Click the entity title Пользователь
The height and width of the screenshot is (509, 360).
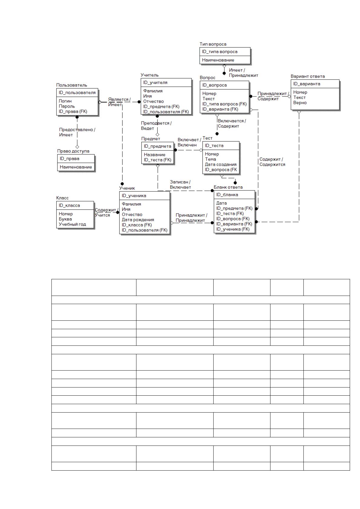click(x=72, y=85)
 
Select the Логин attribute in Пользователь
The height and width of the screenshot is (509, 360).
click(x=65, y=101)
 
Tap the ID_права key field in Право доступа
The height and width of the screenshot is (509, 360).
click(x=69, y=159)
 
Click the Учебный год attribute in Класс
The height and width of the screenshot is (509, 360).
click(x=72, y=224)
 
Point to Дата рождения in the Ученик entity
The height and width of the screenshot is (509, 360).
click(x=138, y=220)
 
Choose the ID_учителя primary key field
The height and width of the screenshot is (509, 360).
click(x=155, y=83)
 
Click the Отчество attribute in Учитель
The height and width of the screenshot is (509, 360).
click(x=153, y=101)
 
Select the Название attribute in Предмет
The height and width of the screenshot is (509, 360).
click(x=154, y=155)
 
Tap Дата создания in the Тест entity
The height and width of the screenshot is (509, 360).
click(x=221, y=164)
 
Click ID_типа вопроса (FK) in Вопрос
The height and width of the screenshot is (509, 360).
click(x=224, y=104)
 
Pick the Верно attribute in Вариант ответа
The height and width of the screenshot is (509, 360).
click(x=300, y=103)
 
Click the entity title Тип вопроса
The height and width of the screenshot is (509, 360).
click(x=213, y=44)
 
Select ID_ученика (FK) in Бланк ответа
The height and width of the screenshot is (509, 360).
click(x=233, y=229)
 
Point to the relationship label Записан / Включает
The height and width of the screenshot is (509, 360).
click(x=180, y=184)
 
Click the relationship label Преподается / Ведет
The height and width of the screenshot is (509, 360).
click(x=156, y=126)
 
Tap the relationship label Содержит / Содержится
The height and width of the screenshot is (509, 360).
click(x=272, y=162)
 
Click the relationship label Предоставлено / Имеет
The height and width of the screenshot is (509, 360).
click(x=77, y=132)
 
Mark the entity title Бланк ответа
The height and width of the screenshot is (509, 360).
click(x=228, y=187)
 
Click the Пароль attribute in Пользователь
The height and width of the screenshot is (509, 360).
click(x=67, y=106)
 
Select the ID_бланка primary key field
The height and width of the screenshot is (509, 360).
click(x=227, y=195)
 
